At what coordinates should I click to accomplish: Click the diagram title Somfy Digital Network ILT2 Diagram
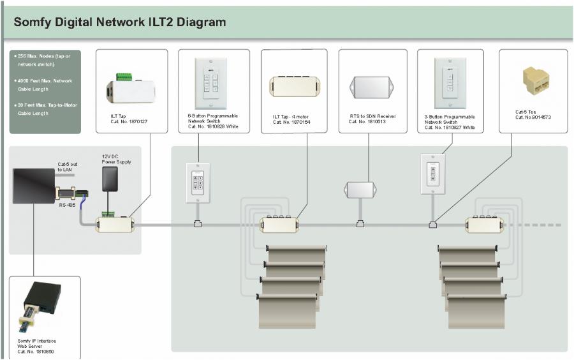click(x=120, y=23)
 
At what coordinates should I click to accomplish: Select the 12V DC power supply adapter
click(x=110, y=179)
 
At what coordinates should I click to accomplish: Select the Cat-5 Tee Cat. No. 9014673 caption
click(x=533, y=114)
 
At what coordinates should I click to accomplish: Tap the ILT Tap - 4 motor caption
click(x=293, y=119)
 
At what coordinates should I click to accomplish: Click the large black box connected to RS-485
click(x=33, y=186)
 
